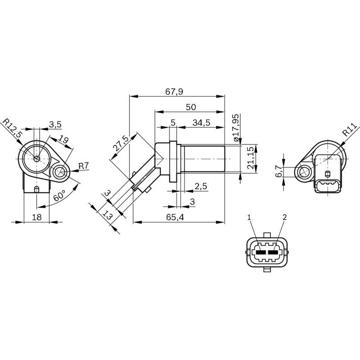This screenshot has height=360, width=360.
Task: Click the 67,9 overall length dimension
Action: (174, 91)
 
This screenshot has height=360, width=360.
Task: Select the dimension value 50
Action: (191, 107)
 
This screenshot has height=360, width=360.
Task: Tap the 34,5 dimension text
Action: (201, 122)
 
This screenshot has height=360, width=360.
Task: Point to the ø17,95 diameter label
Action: (238, 128)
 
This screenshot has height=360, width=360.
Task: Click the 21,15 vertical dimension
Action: (251, 159)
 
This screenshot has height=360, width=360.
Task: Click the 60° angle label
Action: (59, 197)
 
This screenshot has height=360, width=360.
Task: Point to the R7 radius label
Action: (83, 166)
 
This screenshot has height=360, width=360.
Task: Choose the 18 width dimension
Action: (38, 217)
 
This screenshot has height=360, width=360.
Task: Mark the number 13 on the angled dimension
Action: (107, 216)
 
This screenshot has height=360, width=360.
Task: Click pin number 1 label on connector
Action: (248, 217)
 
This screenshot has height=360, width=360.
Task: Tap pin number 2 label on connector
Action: (284, 217)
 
